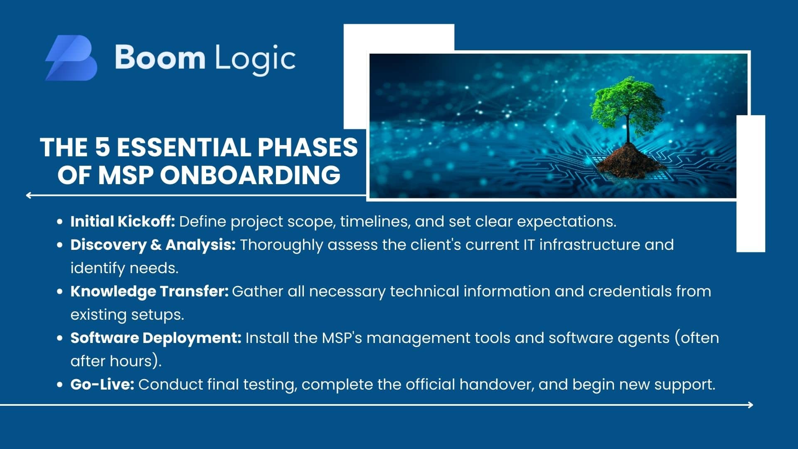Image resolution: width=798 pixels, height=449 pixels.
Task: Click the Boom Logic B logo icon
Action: (71, 58)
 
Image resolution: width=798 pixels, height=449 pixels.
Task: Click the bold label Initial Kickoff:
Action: (123, 221)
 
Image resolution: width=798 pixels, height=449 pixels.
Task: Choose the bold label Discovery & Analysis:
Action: (153, 245)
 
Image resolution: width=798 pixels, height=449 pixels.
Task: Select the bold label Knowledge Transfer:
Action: (150, 291)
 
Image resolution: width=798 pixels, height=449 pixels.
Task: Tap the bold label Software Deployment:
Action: (156, 338)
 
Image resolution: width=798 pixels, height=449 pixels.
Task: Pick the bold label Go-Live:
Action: (102, 385)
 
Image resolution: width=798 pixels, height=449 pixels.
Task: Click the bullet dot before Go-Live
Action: (59, 385)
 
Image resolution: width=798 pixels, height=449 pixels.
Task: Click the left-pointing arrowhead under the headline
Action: (28, 195)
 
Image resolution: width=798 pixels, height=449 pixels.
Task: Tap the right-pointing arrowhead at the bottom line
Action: (750, 405)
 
